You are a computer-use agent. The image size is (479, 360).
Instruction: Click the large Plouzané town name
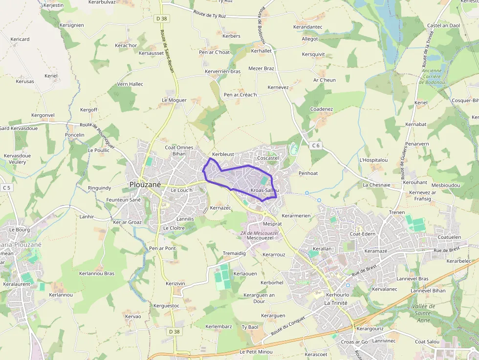tap(146, 184)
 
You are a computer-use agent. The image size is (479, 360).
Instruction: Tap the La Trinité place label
tap(336, 303)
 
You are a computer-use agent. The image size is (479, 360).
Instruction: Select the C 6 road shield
tap(316, 145)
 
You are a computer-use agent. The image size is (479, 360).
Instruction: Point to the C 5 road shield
tap(6, 187)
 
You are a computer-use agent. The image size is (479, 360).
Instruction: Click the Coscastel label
tap(267, 158)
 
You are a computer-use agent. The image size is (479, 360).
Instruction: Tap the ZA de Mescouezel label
tap(260, 233)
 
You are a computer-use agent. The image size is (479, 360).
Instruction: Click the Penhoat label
tap(308, 173)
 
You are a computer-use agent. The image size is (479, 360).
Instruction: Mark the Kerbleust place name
tap(223, 154)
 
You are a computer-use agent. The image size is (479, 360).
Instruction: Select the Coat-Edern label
tap(362, 233)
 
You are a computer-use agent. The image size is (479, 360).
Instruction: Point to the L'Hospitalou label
tap(373, 160)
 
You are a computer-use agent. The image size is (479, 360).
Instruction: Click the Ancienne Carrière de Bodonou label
tap(431, 76)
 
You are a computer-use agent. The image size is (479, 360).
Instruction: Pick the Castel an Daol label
tap(443, 25)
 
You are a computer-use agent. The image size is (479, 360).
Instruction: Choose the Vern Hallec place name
tap(130, 84)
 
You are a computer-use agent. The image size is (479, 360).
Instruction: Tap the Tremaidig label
tap(234, 253)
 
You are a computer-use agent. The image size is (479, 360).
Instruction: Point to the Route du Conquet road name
tap(288, 326)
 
